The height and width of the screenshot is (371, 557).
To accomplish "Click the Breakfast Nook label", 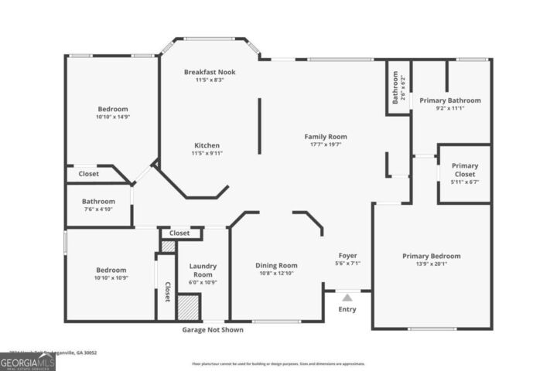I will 210,72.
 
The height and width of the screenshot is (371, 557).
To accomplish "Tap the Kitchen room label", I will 207,145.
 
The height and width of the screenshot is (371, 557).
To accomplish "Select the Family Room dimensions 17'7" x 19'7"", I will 325,144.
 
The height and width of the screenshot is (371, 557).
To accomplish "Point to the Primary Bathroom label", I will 449,100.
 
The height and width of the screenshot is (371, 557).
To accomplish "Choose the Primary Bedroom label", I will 431,256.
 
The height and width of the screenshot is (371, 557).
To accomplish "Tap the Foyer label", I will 347,255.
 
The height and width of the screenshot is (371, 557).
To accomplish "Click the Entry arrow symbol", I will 347,297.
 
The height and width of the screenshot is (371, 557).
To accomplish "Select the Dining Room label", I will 276,265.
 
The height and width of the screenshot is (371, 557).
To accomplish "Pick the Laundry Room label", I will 203,271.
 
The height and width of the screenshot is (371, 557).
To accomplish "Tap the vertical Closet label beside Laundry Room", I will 167,291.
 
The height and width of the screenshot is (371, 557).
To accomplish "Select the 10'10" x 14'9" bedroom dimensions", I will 112,117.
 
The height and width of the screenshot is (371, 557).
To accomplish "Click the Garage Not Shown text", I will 214,330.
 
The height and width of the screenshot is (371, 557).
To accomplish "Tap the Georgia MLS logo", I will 28,361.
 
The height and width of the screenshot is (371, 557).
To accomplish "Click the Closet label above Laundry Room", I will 179,233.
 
